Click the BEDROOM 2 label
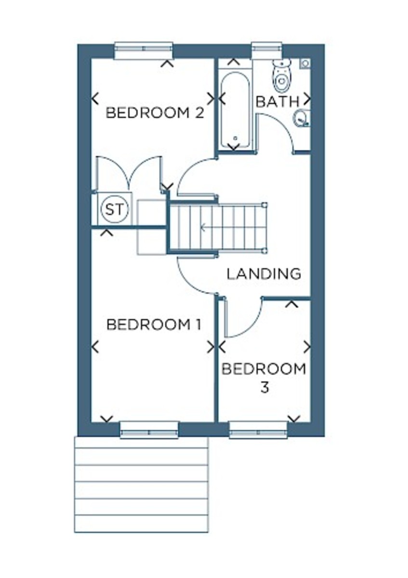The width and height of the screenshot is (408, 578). point(155,114)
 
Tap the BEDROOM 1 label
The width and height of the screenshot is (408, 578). point(153,325)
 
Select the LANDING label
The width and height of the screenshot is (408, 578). point(264,274)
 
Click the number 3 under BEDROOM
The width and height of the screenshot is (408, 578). point(264,387)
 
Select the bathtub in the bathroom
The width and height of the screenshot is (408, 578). point(235,110)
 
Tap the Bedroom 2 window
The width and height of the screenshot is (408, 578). point(144,50)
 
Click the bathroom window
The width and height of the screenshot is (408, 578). point(267,50)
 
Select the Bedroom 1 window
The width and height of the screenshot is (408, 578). point(149,430)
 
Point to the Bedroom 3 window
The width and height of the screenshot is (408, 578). point(259,430)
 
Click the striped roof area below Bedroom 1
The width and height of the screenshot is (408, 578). point(141,484)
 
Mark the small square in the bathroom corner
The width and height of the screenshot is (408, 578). point(305,63)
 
